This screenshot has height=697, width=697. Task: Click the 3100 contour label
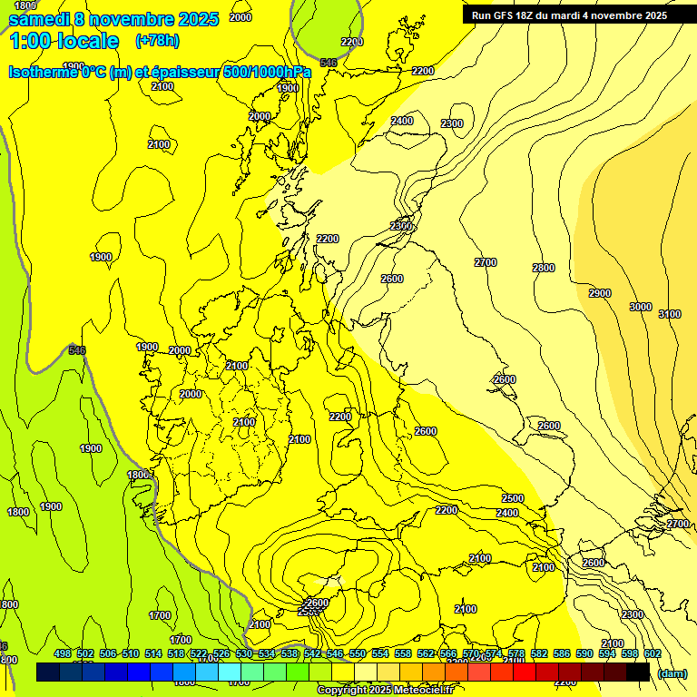click(x=669, y=314)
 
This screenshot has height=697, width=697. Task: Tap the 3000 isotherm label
click(x=641, y=307)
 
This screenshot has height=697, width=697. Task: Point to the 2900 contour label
click(x=599, y=293)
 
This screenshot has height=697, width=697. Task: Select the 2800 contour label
click(x=543, y=268)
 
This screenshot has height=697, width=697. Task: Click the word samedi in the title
click(x=38, y=19)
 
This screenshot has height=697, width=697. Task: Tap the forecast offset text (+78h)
click(x=156, y=41)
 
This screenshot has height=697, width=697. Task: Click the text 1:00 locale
click(x=64, y=41)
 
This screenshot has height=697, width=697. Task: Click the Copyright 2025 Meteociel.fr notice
click(x=385, y=691)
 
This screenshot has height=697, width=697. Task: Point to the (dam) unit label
click(x=672, y=672)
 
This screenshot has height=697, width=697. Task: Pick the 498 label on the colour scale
click(x=63, y=653)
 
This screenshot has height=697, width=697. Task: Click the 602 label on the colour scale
click(x=653, y=653)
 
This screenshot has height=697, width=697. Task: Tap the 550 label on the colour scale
click(x=358, y=653)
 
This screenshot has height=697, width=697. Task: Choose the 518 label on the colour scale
click(x=176, y=653)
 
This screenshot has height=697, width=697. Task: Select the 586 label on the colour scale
click(x=562, y=653)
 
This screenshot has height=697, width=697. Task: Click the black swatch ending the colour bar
click(x=638, y=672)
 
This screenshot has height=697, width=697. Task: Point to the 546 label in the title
click(x=329, y=63)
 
